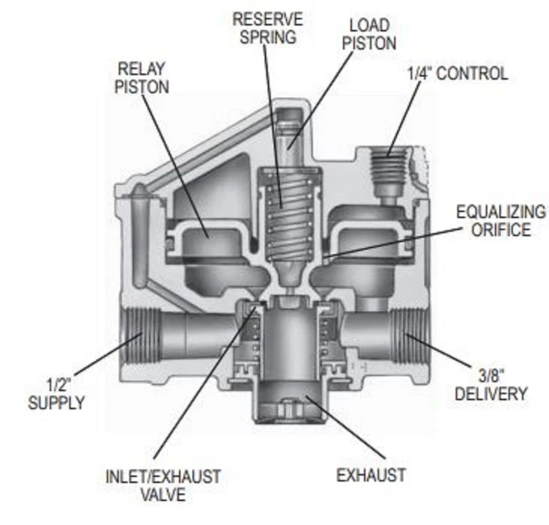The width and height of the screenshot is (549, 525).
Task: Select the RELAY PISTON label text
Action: coord(142,77)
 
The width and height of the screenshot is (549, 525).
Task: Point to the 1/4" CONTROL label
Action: coord(456,74)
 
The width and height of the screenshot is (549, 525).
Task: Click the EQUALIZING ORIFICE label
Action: coord(500,220)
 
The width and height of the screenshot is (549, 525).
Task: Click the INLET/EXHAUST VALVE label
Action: coord(162,485)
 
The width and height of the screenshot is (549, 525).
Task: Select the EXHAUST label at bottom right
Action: coord(371,474)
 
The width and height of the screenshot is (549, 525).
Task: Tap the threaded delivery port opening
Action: coord(416,336)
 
